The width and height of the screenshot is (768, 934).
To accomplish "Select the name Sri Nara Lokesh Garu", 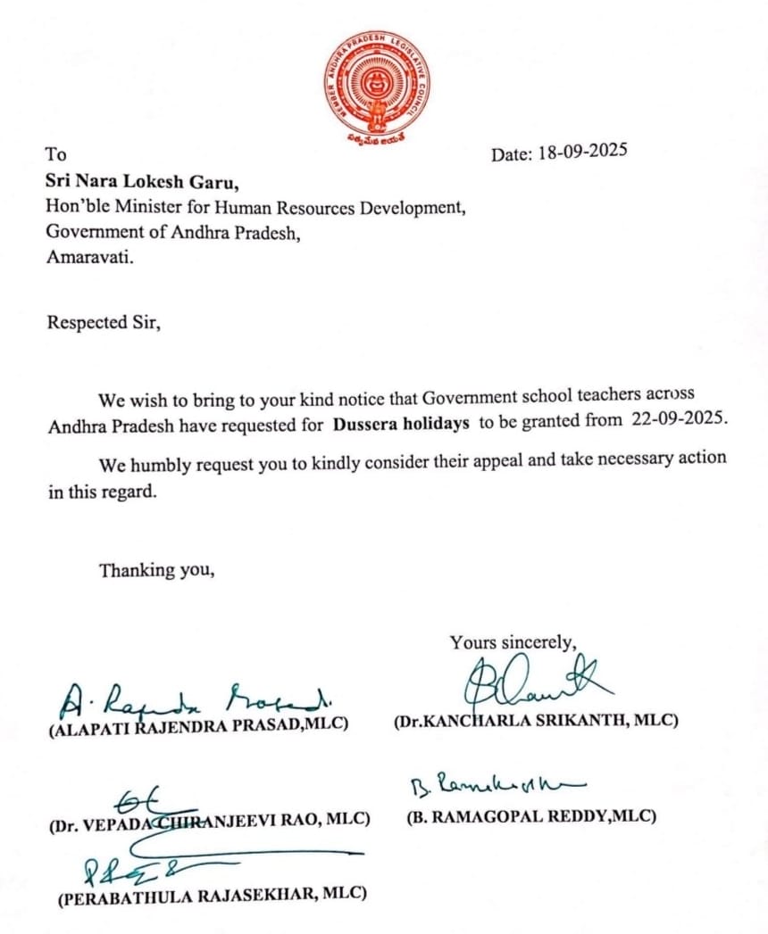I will point(143,183).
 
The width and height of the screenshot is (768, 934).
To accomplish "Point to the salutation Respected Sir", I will point(104,322).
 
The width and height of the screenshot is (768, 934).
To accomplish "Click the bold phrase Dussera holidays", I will point(401,425).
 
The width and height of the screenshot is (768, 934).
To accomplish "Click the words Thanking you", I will point(156,570).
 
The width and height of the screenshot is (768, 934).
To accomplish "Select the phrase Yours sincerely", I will point(513,642).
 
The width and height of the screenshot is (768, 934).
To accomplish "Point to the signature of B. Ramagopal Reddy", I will point(496,785).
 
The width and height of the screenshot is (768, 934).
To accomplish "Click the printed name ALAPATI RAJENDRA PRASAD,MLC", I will point(198,724).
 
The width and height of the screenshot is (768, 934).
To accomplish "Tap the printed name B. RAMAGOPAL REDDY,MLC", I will point(531,815).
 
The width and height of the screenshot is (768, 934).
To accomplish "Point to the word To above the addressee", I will point(56,154).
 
